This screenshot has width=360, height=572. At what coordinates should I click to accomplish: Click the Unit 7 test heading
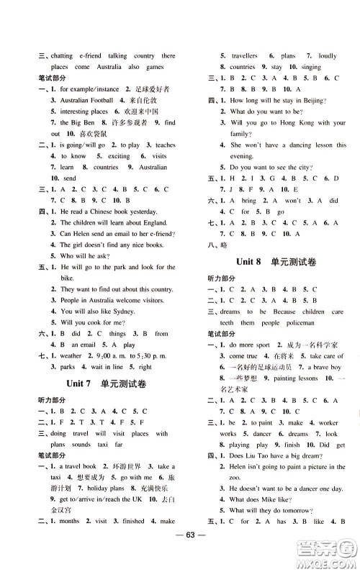pos(111,385)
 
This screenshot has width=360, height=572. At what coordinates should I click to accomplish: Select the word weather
pos(72,355)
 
